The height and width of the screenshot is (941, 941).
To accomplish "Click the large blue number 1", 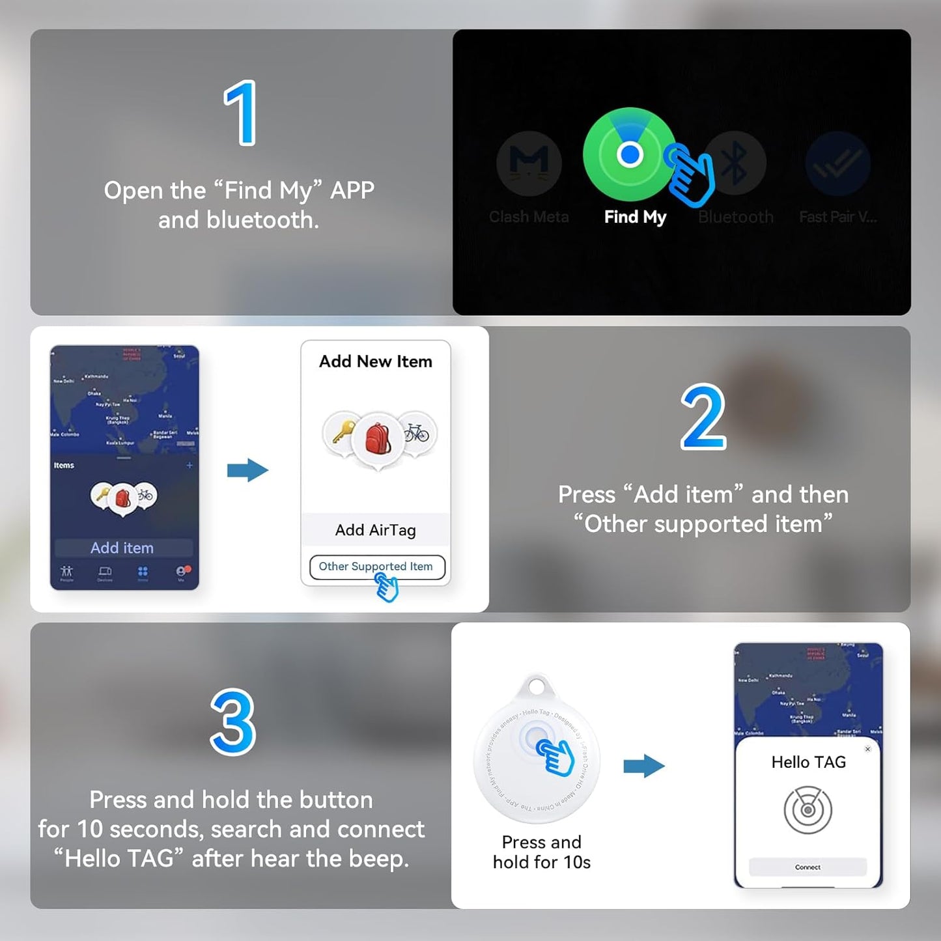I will click(x=240, y=113).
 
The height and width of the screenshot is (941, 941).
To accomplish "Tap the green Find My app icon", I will click(x=629, y=155).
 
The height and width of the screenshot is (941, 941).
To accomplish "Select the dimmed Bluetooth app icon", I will click(x=735, y=163).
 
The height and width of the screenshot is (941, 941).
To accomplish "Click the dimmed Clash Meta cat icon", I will click(x=529, y=163).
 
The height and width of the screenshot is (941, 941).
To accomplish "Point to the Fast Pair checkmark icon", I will click(x=837, y=163).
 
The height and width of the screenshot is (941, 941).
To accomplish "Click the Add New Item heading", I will click(x=375, y=361).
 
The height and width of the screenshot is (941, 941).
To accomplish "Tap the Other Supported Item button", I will click(x=376, y=567).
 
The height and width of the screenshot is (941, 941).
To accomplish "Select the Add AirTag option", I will click(x=375, y=530).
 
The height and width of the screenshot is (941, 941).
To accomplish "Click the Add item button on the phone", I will click(x=122, y=548).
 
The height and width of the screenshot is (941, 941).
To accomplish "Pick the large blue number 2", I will click(x=703, y=417).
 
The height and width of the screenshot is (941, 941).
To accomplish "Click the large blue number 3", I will click(x=232, y=722).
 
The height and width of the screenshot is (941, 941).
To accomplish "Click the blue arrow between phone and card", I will click(x=247, y=470).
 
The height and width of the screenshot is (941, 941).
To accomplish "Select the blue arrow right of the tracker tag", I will click(x=643, y=766).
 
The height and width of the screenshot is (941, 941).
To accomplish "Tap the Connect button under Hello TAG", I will click(x=808, y=867).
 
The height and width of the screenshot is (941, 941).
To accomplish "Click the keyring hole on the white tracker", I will click(x=537, y=686).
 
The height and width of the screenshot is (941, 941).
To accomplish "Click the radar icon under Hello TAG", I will click(x=808, y=810).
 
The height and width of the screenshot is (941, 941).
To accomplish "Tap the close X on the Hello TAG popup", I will click(x=867, y=749).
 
